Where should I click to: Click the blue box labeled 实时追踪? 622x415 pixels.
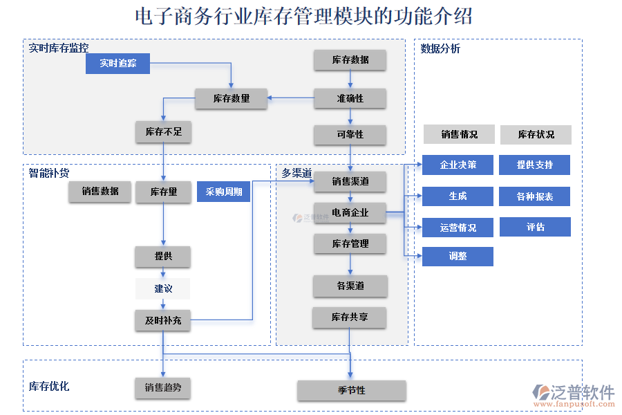(x=117, y=64)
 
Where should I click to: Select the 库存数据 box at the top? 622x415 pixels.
(x=350, y=60)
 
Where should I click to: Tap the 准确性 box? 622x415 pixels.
(x=350, y=98)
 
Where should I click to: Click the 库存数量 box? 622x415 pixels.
(x=231, y=99)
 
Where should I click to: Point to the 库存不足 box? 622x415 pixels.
(x=163, y=131)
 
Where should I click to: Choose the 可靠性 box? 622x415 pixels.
(x=350, y=134)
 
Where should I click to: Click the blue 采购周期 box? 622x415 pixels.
(x=223, y=192)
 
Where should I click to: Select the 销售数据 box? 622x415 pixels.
(x=100, y=192)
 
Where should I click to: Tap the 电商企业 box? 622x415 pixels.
(x=350, y=213)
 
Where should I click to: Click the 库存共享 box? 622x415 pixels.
(x=349, y=317)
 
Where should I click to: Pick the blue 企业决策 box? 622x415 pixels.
(x=458, y=165)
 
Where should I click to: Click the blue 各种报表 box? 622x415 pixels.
(x=535, y=196)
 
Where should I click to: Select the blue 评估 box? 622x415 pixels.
(x=535, y=227)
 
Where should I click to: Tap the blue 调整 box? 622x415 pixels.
(x=458, y=257)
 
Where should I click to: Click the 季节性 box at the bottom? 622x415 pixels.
(x=352, y=390)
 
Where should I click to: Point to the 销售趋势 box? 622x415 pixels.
(x=162, y=388)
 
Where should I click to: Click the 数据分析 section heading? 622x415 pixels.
(x=440, y=48)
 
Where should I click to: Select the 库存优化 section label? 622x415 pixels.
(x=48, y=386)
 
